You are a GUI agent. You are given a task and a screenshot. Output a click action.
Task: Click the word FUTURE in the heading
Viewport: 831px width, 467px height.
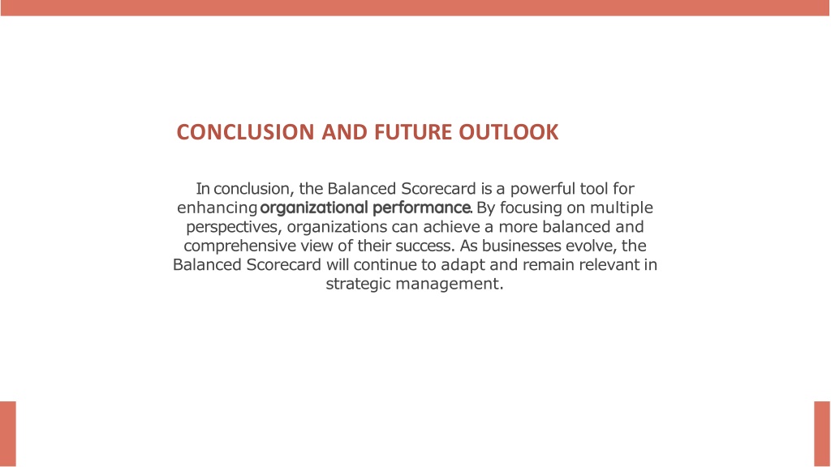pyautogui.click(x=413, y=132)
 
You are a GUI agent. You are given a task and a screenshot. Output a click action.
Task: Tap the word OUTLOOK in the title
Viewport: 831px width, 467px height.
pyautogui.click(x=508, y=132)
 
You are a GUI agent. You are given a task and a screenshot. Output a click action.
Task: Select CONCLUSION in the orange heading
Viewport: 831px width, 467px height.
pyautogui.click(x=245, y=132)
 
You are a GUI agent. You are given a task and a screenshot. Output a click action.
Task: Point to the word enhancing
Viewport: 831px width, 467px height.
pyautogui.click(x=217, y=208)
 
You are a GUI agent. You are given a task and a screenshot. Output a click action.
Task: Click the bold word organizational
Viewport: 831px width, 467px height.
pyautogui.click(x=314, y=208)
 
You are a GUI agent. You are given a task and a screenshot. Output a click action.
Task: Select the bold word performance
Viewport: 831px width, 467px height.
pyautogui.click(x=421, y=208)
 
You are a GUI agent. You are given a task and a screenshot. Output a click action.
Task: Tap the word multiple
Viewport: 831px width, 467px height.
pyautogui.click(x=621, y=208)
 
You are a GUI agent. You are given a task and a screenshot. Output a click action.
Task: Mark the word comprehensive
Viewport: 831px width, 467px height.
pyautogui.click(x=240, y=246)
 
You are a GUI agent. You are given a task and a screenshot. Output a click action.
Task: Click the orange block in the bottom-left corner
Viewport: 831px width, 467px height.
pyautogui.click(x=8, y=435)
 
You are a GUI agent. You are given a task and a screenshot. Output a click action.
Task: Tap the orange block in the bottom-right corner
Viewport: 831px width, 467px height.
pyautogui.click(x=822, y=435)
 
